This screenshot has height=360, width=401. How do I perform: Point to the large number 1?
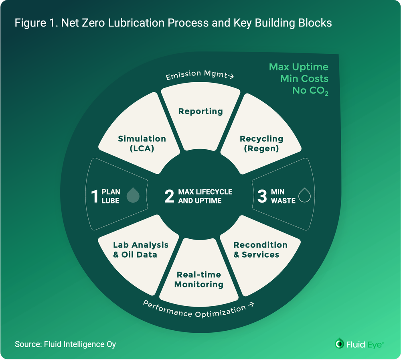tap(95, 196)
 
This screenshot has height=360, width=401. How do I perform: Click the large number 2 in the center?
tap(169, 196)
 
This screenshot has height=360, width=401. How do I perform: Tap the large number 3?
tap(262, 196)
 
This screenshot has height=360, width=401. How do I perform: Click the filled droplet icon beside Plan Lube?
tap(133, 195)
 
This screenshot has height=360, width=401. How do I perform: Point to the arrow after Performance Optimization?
tap(251, 306)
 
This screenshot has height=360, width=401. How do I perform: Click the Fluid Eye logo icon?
tap(339, 344)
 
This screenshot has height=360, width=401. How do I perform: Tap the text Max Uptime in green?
tap(298, 67)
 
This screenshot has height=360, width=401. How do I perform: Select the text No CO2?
tap(310, 91)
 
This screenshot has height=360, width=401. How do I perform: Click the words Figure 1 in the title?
tap(34, 23)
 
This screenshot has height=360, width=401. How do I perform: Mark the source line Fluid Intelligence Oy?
tap(65, 344)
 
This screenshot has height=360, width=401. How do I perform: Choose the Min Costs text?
tap(304, 79)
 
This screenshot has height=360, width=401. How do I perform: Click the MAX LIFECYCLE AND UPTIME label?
tap(205, 196)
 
